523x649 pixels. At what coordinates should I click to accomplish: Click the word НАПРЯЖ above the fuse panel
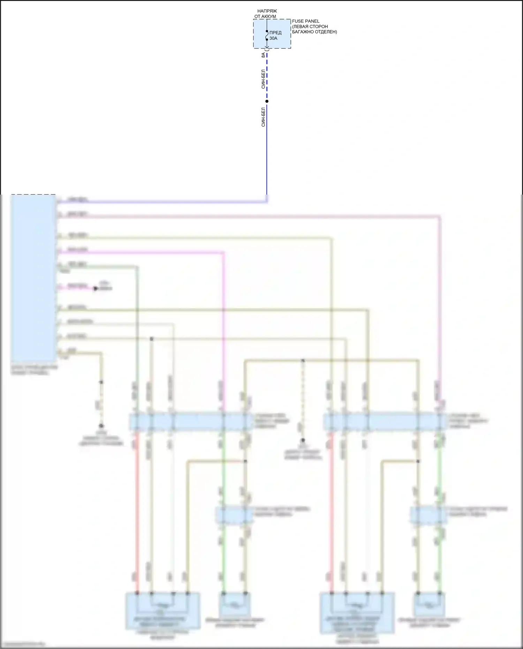(267, 11)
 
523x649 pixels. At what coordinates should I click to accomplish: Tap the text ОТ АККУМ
(265, 16)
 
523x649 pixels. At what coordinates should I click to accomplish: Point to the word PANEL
(312, 21)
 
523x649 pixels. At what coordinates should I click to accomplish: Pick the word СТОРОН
(319, 27)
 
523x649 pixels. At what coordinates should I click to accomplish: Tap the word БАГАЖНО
(303, 32)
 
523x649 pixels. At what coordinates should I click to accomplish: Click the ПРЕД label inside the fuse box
(275, 33)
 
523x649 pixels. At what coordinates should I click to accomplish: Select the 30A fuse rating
(273, 38)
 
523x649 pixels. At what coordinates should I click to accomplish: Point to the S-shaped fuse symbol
(267, 35)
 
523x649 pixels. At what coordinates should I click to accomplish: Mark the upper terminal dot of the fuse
(267, 31)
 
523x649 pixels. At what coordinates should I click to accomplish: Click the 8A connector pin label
(263, 55)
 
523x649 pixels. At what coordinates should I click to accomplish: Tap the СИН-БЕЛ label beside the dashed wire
(263, 79)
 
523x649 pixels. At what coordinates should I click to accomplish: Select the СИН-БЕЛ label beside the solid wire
(263, 117)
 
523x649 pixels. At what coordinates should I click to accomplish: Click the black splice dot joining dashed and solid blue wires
(267, 101)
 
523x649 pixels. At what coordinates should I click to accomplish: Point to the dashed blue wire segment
(267, 77)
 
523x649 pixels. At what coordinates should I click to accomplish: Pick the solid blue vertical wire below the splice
(267, 150)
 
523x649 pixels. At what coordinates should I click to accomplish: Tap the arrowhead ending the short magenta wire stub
(95, 288)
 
